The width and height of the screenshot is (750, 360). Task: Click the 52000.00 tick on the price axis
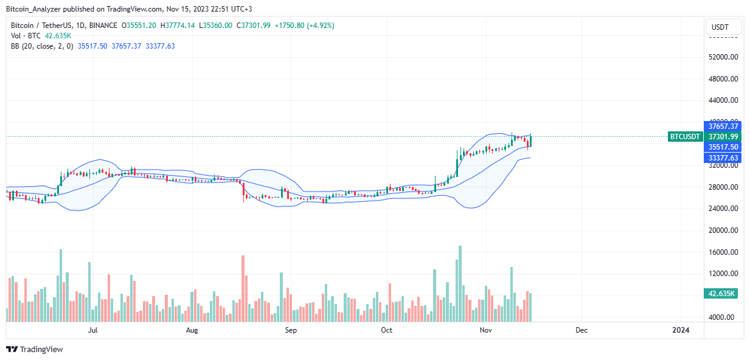[723, 57]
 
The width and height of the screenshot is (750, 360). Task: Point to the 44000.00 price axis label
[723, 100]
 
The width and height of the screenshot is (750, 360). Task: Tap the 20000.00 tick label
[723, 230]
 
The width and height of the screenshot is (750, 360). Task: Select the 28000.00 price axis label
[723, 187]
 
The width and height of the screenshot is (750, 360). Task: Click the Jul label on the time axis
[93, 330]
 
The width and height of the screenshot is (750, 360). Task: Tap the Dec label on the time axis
[581, 330]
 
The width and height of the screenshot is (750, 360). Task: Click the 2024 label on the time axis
[681, 330]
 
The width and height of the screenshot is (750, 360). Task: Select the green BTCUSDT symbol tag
[686, 137]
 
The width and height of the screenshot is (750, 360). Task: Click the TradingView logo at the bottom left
[35, 349]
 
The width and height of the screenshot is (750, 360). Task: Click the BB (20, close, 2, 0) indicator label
[41, 46]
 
